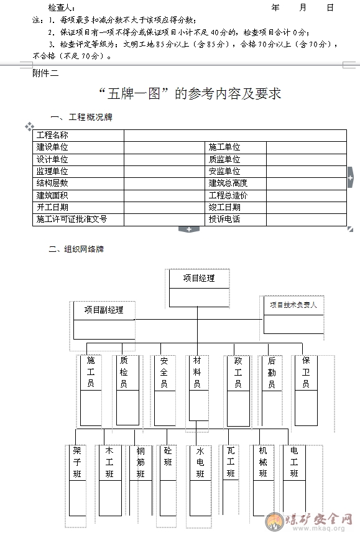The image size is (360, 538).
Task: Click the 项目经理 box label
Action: pos(199,278)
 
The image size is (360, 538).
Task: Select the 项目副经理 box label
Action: pos(104,310)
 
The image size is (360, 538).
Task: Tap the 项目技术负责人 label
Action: pos(293,305)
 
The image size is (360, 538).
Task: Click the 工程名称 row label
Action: pos(52,135)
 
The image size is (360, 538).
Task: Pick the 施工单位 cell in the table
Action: pos(224,147)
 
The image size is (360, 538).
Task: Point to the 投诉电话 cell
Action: pos(224,220)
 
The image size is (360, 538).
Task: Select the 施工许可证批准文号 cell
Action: pos(72,220)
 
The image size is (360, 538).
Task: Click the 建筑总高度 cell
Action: pos(228,183)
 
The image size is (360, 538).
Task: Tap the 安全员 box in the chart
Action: pos(165,391)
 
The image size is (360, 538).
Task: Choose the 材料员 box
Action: pos(198,387)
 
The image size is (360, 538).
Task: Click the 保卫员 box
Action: pos(306,391)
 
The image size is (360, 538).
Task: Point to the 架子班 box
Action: pos(78,481)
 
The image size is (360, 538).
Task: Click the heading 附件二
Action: pos(45,73)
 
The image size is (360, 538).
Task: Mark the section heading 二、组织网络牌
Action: pos(76,249)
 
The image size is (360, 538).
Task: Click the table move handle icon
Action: pos(29,126)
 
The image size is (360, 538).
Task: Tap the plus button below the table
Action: pos(189,230)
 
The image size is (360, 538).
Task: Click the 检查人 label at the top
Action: pos(62,7)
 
